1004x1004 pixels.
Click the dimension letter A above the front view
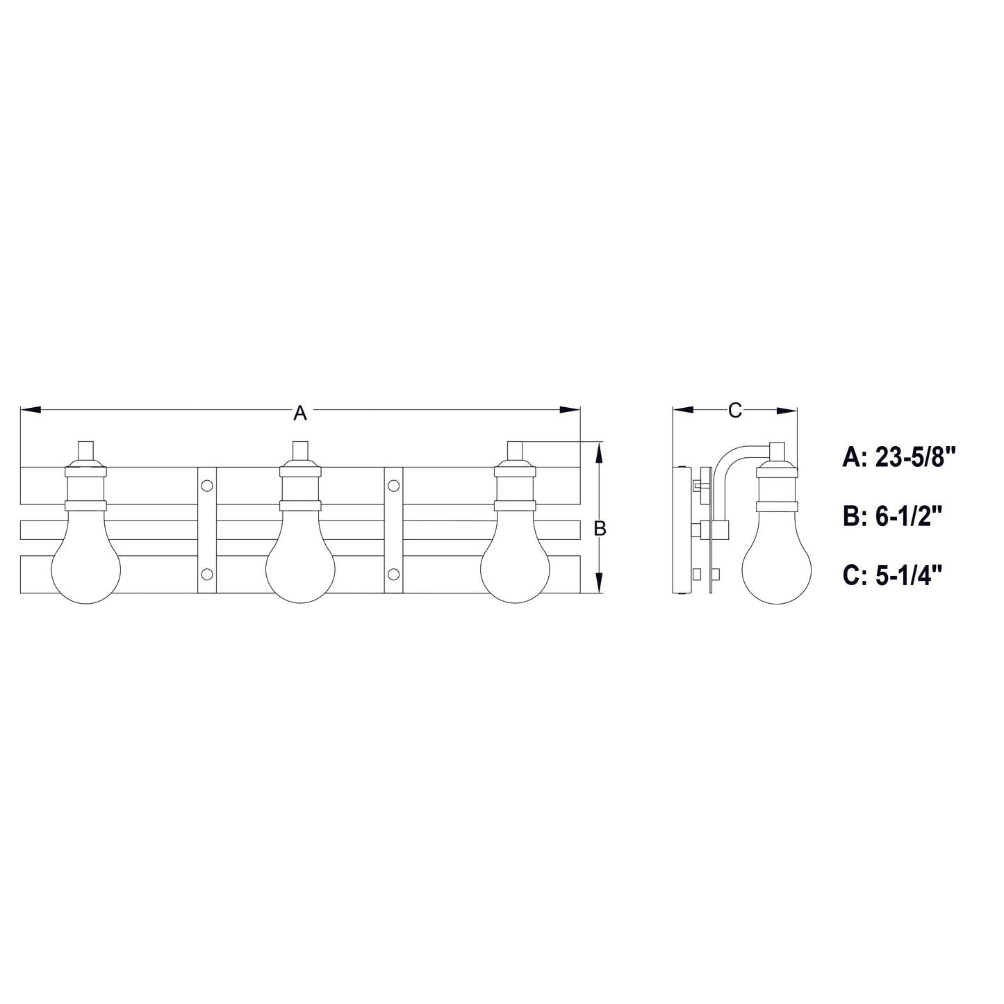[299, 413]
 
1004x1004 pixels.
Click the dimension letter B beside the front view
[600, 529]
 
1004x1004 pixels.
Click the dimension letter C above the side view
[734, 411]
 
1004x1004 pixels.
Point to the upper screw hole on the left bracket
[207, 485]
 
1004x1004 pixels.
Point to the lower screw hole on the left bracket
[207, 574]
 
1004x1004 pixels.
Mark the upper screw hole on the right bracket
[393, 485]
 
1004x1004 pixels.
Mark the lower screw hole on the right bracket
[393, 574]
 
